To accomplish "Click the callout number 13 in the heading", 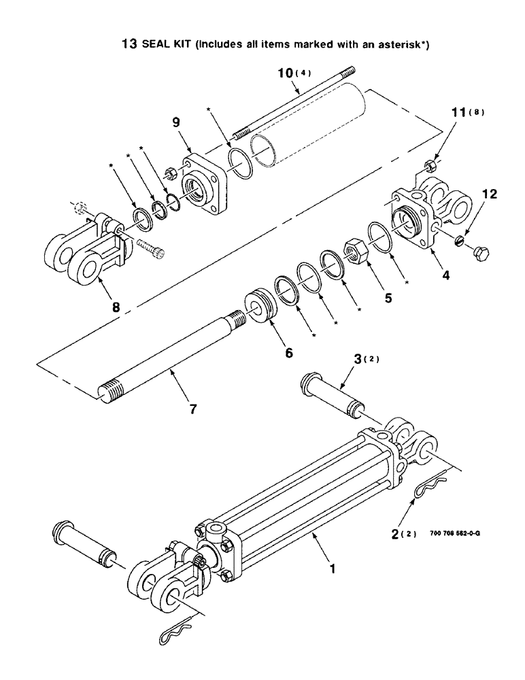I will click(x=128, y=45).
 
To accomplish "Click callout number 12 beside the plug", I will click(x=489, y=194).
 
